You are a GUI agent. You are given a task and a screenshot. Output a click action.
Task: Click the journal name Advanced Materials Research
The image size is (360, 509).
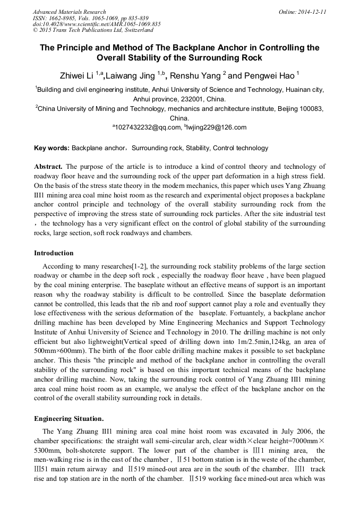tap(69, 12)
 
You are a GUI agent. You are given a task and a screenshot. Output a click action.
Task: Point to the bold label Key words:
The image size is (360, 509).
tap(52, 148)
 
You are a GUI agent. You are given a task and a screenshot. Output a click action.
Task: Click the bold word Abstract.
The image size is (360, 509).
tap(48, 167)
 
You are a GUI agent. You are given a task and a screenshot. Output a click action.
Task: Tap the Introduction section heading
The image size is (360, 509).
tap(54, 253)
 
